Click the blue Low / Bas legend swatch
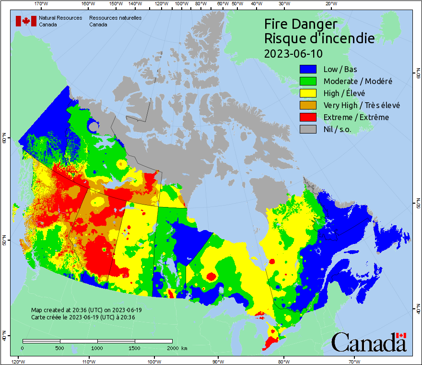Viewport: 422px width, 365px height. point(308,69)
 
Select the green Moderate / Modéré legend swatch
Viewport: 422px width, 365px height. point(308,81)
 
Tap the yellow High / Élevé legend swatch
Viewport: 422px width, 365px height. point(308,93)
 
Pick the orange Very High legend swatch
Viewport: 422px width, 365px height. point(308,105)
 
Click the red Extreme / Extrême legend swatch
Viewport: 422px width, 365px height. point(308,117)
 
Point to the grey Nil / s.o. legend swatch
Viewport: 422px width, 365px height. point(308,129)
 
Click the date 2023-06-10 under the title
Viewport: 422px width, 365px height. point(293,53)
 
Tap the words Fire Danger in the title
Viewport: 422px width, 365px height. point(301,24)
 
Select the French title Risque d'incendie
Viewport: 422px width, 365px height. point(319,38)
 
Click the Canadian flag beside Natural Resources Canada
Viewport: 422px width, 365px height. point(26,21)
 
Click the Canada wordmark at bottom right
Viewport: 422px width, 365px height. point(369,342)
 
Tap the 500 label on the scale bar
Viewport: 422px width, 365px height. point(60,348)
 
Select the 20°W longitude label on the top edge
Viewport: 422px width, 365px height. point(330,4)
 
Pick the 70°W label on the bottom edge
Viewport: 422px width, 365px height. point(354,361)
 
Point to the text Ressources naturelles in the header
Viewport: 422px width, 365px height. point(115,18)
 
